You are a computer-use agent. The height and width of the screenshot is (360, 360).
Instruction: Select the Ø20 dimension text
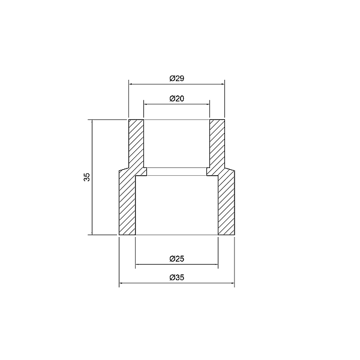176,98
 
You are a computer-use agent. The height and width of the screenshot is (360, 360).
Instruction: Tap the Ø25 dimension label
176,259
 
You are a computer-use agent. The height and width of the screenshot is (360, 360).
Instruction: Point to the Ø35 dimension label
176,278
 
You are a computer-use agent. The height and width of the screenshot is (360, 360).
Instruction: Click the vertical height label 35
87,177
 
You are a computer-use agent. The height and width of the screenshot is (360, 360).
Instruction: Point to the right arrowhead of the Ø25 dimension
215,264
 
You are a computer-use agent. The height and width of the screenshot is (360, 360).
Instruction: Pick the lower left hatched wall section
127,204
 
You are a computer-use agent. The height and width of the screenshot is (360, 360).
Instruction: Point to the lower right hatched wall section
226,204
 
